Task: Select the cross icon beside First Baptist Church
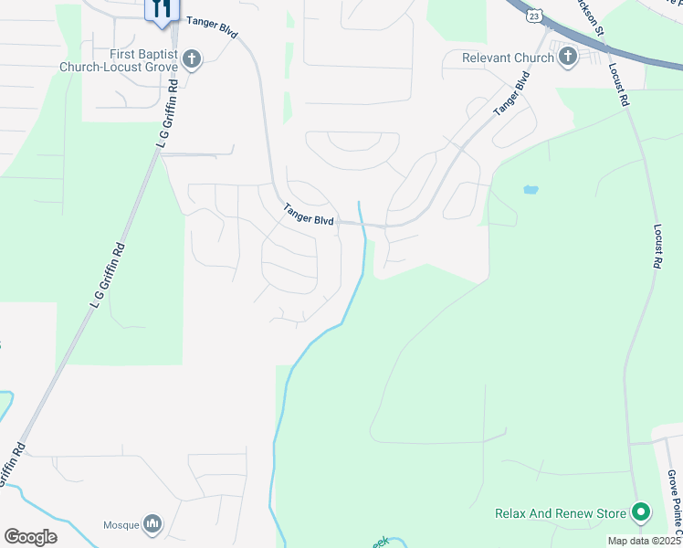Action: tap(191, 60)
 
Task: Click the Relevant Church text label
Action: tap(508, 58)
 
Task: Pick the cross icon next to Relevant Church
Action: tap(567, 58)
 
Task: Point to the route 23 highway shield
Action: tap(534, 16)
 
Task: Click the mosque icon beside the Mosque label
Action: tap(152, 524)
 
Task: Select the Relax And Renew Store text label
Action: tap(561, 513)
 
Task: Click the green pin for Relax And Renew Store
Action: tap(640, 512)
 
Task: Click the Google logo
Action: tap(30, 537)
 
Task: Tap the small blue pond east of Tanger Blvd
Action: tap(531, 190)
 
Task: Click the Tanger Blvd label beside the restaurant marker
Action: tap(212, 26)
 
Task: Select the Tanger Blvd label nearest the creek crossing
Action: tap(310, 213)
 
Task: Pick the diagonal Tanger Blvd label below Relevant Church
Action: tap(512, 95)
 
